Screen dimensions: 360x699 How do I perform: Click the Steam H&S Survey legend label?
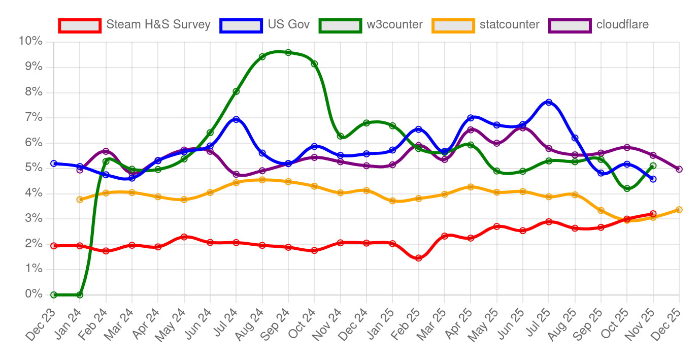[x=158, y=24]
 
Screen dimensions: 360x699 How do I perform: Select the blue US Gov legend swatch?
[x=241, y=25]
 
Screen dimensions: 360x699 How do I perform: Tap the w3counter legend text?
[x=394, y=24]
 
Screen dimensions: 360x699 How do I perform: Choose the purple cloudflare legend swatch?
[x=570, y=25]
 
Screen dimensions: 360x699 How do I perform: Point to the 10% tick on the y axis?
[x=31, y=41]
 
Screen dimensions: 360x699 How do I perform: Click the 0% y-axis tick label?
[x=34, y=294]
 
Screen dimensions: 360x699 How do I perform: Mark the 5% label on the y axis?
[x=34, y=168]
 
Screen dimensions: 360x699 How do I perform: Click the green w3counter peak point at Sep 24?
[x=288, y=52]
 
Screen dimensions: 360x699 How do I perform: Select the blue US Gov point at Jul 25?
[x=549, y=102]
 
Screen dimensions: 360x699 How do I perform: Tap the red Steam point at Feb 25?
[x=418, y=258]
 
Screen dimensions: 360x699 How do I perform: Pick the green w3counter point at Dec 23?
[x=54, y=294]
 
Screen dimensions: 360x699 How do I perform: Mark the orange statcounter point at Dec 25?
[x=679, y=210]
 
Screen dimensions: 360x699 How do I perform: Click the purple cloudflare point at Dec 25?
[x=679, y=169]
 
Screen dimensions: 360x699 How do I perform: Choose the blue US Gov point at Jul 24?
[x=236, y=119]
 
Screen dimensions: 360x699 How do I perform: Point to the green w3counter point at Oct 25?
[x=627, y=188]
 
